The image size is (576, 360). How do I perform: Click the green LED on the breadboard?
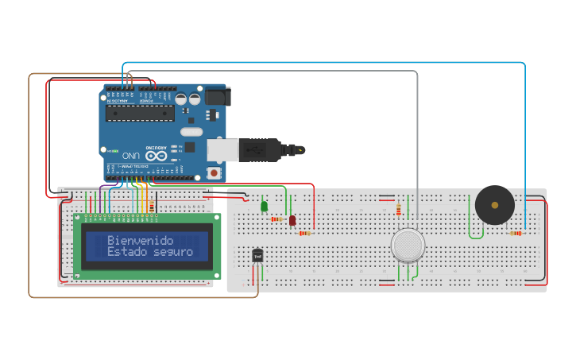click(264, 207)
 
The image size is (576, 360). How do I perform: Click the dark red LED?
click(292, 220)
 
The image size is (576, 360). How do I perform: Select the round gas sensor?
click(408, 245)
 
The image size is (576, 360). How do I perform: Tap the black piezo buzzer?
click(494, 205)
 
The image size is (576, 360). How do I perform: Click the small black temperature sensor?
click(257, 255)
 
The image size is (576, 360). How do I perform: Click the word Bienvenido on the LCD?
click(140, 240)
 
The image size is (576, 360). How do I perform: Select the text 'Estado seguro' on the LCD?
click(149, 252)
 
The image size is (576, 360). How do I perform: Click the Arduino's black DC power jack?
click(217, 96)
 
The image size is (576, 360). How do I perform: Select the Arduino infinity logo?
click(156, 156)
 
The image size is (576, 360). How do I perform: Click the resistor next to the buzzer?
click(516, 234)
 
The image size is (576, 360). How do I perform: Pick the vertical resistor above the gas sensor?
click(398, 209)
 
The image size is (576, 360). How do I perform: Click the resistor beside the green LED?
click(276, 219)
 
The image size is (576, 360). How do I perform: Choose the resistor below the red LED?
click(304, 234)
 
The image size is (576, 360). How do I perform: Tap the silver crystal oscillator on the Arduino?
click(191, 132)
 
